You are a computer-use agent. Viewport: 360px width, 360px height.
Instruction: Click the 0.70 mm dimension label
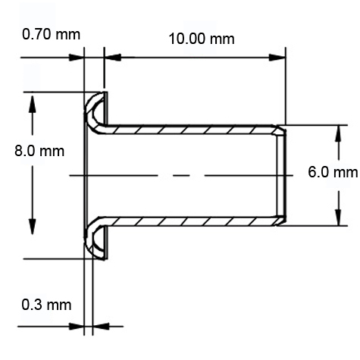coord(52,35)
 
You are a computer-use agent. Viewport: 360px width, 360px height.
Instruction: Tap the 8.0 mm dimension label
coord(39,151)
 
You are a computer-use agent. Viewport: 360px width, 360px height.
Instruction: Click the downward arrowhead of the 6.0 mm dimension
coord(337,218)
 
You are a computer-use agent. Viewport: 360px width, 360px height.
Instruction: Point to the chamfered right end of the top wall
coord(282,130)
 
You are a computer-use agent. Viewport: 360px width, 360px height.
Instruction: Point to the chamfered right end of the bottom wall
coord(282,221)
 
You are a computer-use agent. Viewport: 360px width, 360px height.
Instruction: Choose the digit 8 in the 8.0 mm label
coord(19,151)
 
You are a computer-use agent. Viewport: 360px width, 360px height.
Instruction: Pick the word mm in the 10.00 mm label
coord(221,39)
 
